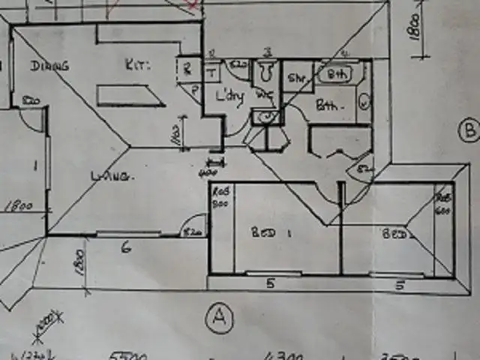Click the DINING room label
tap(49, 66)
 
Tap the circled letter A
tap(218, 318)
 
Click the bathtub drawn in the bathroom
tap(337, 74)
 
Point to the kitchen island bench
tap(130, 95)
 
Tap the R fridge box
tap(186, 68)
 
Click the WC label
tap(264, 96)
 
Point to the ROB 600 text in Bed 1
tap(220, 197)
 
